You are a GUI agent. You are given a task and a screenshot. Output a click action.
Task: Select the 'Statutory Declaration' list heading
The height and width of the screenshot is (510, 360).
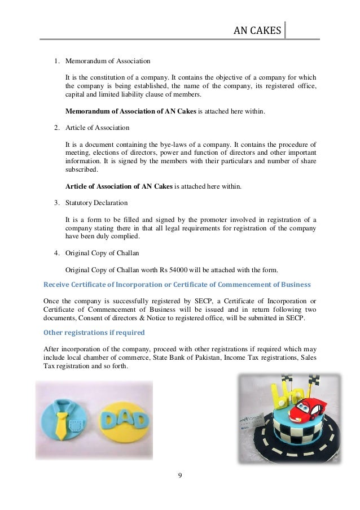[x=96, y=202]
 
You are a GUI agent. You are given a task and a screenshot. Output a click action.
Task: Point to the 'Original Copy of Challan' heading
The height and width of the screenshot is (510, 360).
[x=102, y=252]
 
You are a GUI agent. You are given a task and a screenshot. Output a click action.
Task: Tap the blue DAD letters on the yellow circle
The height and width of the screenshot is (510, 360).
[x=122, y=421]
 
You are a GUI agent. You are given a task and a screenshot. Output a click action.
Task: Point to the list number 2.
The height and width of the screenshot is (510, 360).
[x=56, y=127]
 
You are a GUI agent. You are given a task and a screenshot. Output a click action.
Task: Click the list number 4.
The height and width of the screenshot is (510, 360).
[x=56, y=252]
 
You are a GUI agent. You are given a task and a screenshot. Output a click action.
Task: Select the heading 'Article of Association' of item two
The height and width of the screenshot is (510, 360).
[x=97, y=127]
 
